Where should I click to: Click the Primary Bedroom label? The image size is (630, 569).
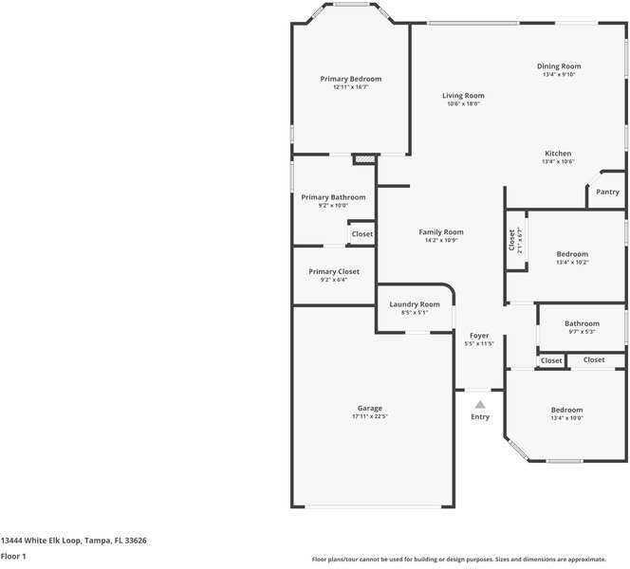pyautogui.click(x=351, y=79)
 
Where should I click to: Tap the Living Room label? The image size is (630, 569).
pyautogui.click(x=463, y=96)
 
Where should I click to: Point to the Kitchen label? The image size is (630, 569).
pyautogui.click(x=558, y=154)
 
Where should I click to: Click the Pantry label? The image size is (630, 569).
pyautogui.click(x=608, y=192)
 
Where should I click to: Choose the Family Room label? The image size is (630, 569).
pyautogui.click(x=441, y=232)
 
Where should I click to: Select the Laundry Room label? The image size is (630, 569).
pyautogui.click(x=415, y=304)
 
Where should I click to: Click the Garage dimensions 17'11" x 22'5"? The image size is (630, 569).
pyautogui.click(x=369, y=416)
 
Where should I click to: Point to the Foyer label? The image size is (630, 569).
pyautogui.click(x=479, y=336)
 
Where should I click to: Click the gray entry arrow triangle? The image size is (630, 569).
pyautogui.click(x=480, y=404)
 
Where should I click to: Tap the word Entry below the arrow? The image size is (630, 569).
pyautogui.click(x=480, y=417)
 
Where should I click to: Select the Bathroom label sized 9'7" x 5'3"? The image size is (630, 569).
pyautogui.click(x=582, y=323)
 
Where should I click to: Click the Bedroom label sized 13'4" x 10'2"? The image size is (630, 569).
pyautogui.click(x=572, y=254)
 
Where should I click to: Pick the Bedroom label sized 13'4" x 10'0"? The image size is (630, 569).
pyautogui.click(x=567, y=410)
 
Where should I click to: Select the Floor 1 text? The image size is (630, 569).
pyautogui.click(x=13, y=556)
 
